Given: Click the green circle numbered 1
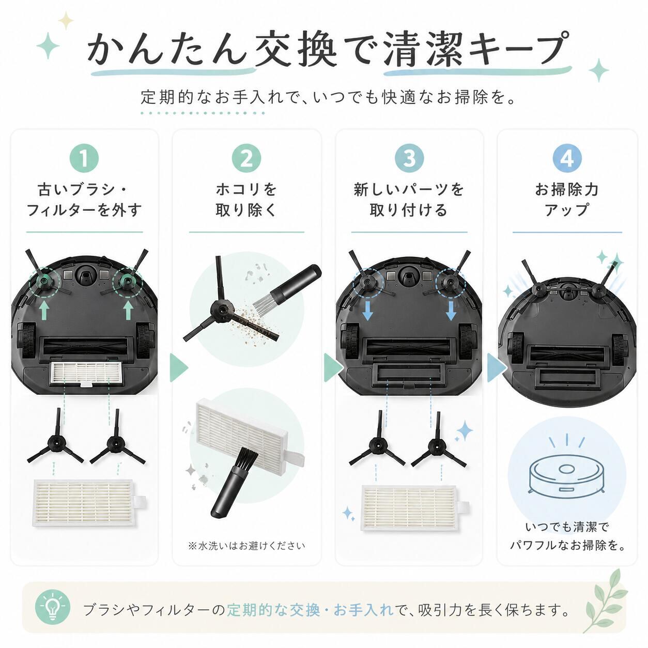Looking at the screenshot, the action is (84, 159).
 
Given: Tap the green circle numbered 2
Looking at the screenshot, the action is (246, 159).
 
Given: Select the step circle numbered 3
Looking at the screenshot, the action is (409, 159).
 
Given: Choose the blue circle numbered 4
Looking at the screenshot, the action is (567, 159).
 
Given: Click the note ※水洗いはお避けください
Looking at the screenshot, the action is (246, 546).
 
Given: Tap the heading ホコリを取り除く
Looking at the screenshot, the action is (246, 200).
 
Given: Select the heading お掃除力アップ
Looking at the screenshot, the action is (567, 200).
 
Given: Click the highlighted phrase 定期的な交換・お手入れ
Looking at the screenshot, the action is (310, 609).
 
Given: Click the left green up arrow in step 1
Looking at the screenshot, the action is (44, 311).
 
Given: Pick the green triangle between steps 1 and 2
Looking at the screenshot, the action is (179, 367).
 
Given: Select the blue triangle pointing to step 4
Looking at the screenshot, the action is (497, 367).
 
